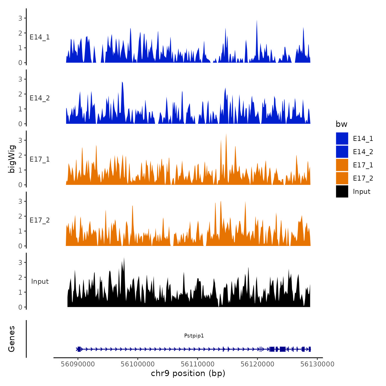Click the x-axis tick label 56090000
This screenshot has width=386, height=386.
point(78,364)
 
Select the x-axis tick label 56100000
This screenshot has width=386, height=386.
point(138,364)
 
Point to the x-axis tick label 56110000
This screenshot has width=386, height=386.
point(198,364)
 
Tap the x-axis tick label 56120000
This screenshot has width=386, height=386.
point(258,364)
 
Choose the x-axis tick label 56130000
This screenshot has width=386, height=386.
point(317,364)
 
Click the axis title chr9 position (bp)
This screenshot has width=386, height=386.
point(188,373)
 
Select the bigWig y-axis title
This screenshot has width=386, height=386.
point(12,159)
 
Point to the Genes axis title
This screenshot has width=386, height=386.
point(12,339)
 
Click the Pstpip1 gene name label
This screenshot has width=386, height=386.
point(194,336)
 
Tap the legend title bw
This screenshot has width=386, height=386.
point(341,124)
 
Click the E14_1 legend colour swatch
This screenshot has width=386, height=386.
point(342,138)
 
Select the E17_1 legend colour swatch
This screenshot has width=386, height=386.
point(342,165)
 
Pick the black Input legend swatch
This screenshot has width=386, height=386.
point(342,191)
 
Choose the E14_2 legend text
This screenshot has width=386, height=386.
point(363,152)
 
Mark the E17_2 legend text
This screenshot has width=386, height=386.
point(363,178)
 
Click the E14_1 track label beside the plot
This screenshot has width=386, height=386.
point(40,37)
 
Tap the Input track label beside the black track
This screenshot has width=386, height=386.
point(40,281)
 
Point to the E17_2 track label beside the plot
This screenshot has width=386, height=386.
point(40,220)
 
